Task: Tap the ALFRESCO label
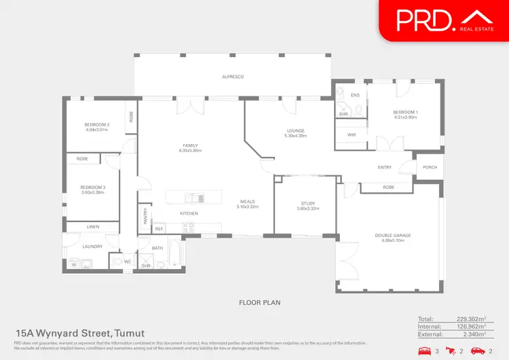pos(232,77)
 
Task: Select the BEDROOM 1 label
pos(406,114)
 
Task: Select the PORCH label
pos(430,167)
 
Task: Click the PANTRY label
pos(145,216)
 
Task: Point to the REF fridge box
pos(159,230)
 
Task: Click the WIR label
pos(351,134)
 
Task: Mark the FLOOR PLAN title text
pos(259,302)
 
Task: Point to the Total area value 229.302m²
pos(469,319)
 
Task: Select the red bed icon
pos(426,350)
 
